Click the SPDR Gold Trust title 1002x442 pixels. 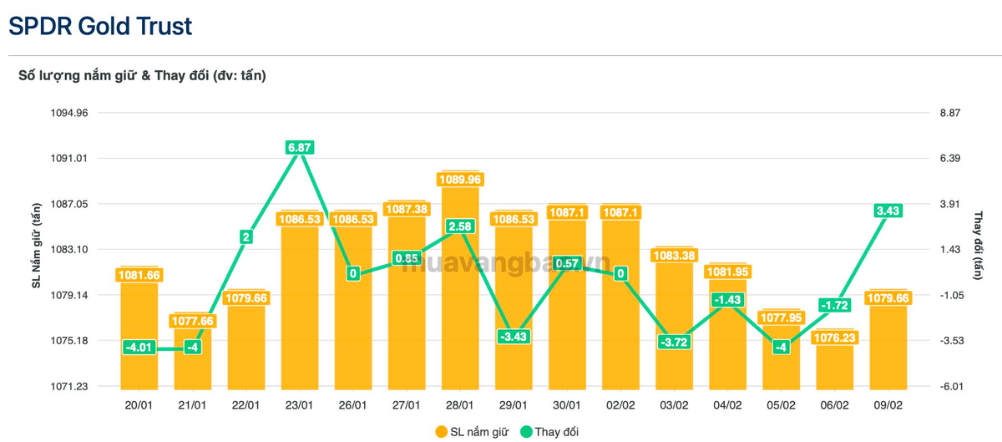point(100,26)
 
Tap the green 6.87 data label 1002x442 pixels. point(300,147)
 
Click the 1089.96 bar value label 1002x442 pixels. point(460,180)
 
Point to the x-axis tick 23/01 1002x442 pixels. point(299,405)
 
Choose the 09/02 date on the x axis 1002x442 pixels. point(888,405)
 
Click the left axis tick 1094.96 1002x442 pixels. point(69,113)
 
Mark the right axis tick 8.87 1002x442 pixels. point(950,113)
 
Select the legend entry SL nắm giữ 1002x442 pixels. point(472,432)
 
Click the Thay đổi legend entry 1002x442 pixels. point(549,432)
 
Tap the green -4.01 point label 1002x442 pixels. point(139,348)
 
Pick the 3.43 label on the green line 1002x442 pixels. point(888,211)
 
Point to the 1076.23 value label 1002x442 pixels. point(835,338)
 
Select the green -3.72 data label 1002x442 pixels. point(674,342)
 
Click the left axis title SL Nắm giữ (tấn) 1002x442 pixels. point(36,246)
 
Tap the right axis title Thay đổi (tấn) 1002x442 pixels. point(979,246)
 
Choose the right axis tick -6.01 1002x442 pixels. point(951,387)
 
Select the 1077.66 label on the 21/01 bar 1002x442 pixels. point(193,321)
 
